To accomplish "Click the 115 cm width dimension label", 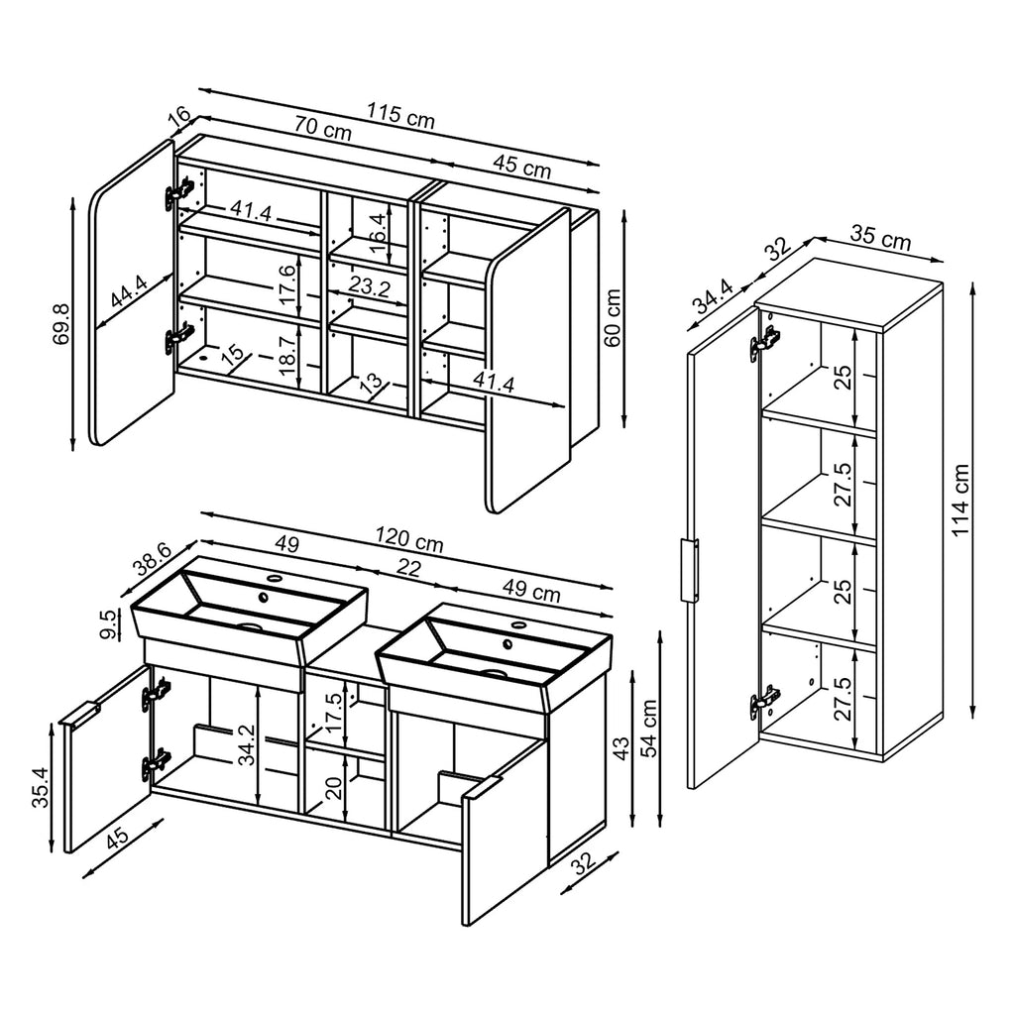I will (401, 116).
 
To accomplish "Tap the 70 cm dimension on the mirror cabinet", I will (322, 130).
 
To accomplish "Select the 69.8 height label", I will (60, 323).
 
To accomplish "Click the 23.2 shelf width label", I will (369, 288).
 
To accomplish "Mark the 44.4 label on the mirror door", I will (130, 295).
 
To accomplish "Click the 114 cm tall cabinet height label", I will (960, 501).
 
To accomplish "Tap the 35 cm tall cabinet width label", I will (882, 240).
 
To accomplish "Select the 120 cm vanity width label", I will (408, 540).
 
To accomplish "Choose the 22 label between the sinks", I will (407, 568).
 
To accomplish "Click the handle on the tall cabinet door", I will (688, 570).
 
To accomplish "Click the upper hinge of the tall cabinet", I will (763, 342).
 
